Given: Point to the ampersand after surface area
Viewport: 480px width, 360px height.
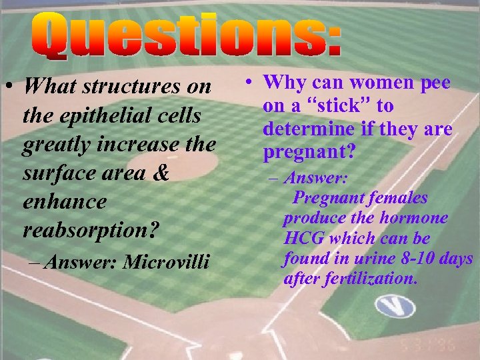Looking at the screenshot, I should (161, 173).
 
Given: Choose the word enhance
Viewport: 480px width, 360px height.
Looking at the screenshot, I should (64, 201).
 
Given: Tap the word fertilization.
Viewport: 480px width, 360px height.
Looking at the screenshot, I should (368, 279).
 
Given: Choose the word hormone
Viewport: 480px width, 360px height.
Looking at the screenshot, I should (417, 219).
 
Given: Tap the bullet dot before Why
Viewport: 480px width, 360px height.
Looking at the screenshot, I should (248, 83).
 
